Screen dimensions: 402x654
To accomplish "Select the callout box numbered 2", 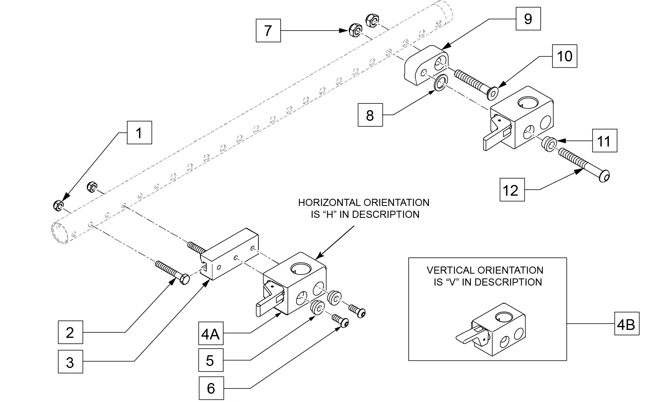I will pos(70,332).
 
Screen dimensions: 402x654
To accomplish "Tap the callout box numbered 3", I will pos(70,362).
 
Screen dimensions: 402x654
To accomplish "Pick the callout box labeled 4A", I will pos(210,334).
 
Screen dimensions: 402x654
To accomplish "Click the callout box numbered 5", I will pos(210,360).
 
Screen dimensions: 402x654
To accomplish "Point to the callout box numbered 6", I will pos(211,388).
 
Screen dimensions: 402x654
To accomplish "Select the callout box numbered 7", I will pos(268,30).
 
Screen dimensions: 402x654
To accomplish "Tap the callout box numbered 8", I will pos(370,115).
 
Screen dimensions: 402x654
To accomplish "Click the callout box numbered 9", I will pos(528,19).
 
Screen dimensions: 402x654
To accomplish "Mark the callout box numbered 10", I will pos(564,56).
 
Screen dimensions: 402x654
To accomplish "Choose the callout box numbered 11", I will pos(604,141).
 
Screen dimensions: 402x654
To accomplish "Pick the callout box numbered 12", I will pos(511,190).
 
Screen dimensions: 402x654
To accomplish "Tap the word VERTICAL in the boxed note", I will pos(450,271).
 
